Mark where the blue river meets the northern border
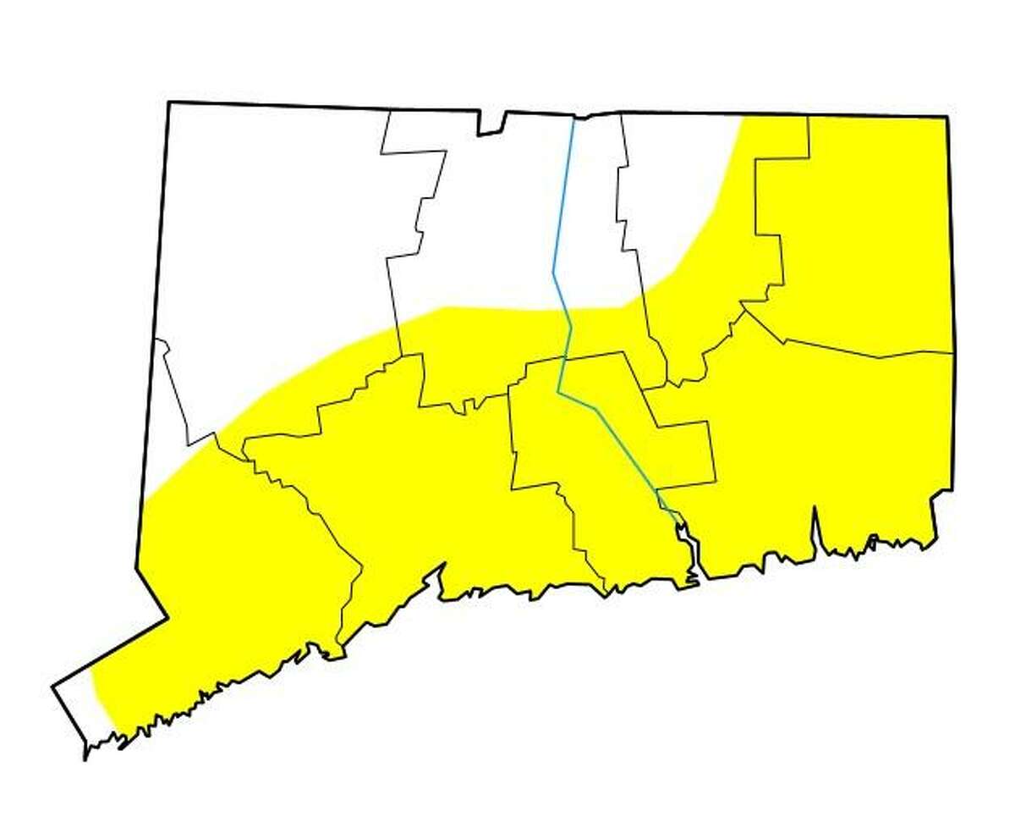click(573, 118)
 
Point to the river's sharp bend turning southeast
click(559, 390)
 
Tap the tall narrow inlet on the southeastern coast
click(815, 529)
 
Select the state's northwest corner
click(169, 103)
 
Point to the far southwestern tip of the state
click(85, 758)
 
